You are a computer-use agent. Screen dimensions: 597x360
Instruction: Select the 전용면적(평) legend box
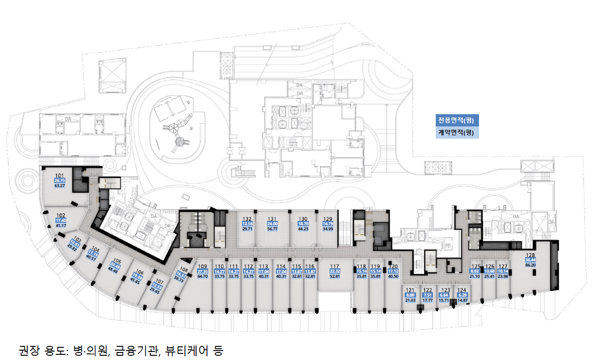click(x=456, y=120)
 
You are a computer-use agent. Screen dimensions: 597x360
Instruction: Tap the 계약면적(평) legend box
click(x=456, y=133)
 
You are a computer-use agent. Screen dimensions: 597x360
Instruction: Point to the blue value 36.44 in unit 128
click(x=530, y=260)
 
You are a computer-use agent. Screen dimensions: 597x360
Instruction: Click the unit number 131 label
click(x=272, y=219)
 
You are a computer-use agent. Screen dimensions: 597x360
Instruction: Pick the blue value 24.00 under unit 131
click(x=272, y=224)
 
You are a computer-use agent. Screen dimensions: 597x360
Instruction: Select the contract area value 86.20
click(x=530, y=265)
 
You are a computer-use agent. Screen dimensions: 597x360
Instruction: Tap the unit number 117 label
click(x=334, y=266)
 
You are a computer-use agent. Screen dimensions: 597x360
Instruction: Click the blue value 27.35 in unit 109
click(x=203, y=271)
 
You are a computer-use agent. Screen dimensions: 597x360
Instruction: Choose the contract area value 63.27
click(x=59, y=186)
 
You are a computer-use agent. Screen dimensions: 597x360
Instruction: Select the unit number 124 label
click(x=462, y=290)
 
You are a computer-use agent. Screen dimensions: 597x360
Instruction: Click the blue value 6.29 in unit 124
click(x=462, y=295)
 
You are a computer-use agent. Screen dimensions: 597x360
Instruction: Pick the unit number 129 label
click(x=328, y=219)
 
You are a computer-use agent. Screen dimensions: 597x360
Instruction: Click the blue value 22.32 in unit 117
click(x=334, y=271)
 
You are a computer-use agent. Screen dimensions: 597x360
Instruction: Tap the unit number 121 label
click(x=410, y=290)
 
